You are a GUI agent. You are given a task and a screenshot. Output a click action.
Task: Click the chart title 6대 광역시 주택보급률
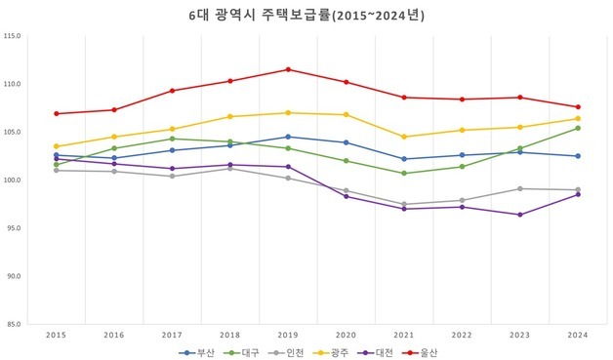[x=306, y=16]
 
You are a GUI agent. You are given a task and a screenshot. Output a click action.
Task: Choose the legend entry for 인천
[x=284, y=351]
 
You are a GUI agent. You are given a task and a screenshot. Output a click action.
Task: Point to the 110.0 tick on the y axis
[x=13, y=84]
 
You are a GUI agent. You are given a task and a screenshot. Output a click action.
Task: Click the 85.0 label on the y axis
[x=13, y=324]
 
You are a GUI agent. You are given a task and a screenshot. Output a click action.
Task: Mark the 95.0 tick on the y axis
[x=13, y=228]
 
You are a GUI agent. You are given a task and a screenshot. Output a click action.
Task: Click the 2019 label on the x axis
[x=288, y=335]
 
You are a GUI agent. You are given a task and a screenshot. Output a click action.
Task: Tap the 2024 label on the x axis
[x=578, y=335]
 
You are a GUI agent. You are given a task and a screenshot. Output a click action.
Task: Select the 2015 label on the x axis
[x=57, y=335]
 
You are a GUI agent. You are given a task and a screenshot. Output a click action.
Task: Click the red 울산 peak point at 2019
[x=288, y=69]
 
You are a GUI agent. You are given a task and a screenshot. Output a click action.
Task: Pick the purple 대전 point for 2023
[x=520, y=215]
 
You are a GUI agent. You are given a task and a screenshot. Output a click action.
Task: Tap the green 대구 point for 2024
[x=578, y=128]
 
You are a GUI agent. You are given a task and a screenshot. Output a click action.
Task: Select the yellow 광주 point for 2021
[x=404, y=137]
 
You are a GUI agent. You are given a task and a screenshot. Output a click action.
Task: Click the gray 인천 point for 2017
[x=173, y=177]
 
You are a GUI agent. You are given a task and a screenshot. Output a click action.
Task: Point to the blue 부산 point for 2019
[x=288, y=137]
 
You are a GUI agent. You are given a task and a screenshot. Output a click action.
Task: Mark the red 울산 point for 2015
[x=57, y=113]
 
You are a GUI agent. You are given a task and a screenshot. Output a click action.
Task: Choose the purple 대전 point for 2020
[x=347, y=196]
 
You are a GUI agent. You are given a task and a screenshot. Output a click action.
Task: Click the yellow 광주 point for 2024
[x=578, y=119]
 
